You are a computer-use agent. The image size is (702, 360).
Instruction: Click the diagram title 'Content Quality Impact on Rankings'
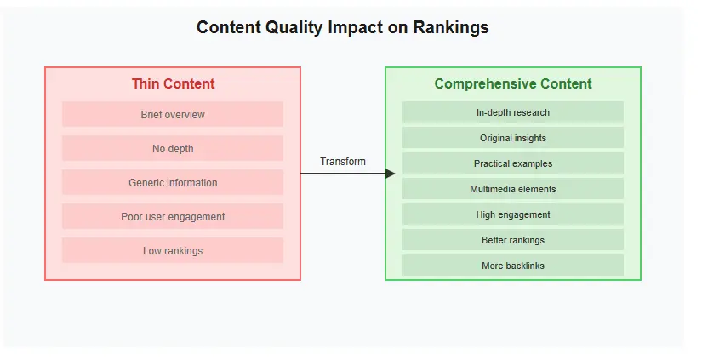coord(342,27)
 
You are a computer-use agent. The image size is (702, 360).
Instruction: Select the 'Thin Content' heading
coord(173,84)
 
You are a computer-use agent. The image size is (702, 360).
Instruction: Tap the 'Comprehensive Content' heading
coord(513,84)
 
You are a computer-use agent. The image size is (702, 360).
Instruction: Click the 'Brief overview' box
coord(173,115)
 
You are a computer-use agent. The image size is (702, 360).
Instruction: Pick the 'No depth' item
coord(173,149)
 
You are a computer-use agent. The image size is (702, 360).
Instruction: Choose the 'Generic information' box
coord(173,183)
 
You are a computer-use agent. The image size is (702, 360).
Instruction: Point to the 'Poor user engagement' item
coord(173,217)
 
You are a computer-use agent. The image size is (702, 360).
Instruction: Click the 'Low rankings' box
coord(173,251)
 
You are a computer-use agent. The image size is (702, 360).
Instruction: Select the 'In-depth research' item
coord(513,112)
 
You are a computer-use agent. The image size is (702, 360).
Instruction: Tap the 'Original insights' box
coord(513,138)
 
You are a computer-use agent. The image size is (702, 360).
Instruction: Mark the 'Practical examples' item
coord(513,163)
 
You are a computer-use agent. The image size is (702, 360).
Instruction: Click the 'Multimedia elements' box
coord(513,189)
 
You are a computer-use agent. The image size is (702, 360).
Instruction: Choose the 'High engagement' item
coord(513,214)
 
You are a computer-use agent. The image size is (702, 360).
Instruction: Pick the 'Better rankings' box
coord(513,240)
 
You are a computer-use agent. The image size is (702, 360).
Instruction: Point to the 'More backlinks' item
coord(513,266)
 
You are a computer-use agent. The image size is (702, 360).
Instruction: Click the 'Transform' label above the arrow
coord(343,162)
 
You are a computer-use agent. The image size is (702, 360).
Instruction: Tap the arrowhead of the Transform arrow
coord(391,174)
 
